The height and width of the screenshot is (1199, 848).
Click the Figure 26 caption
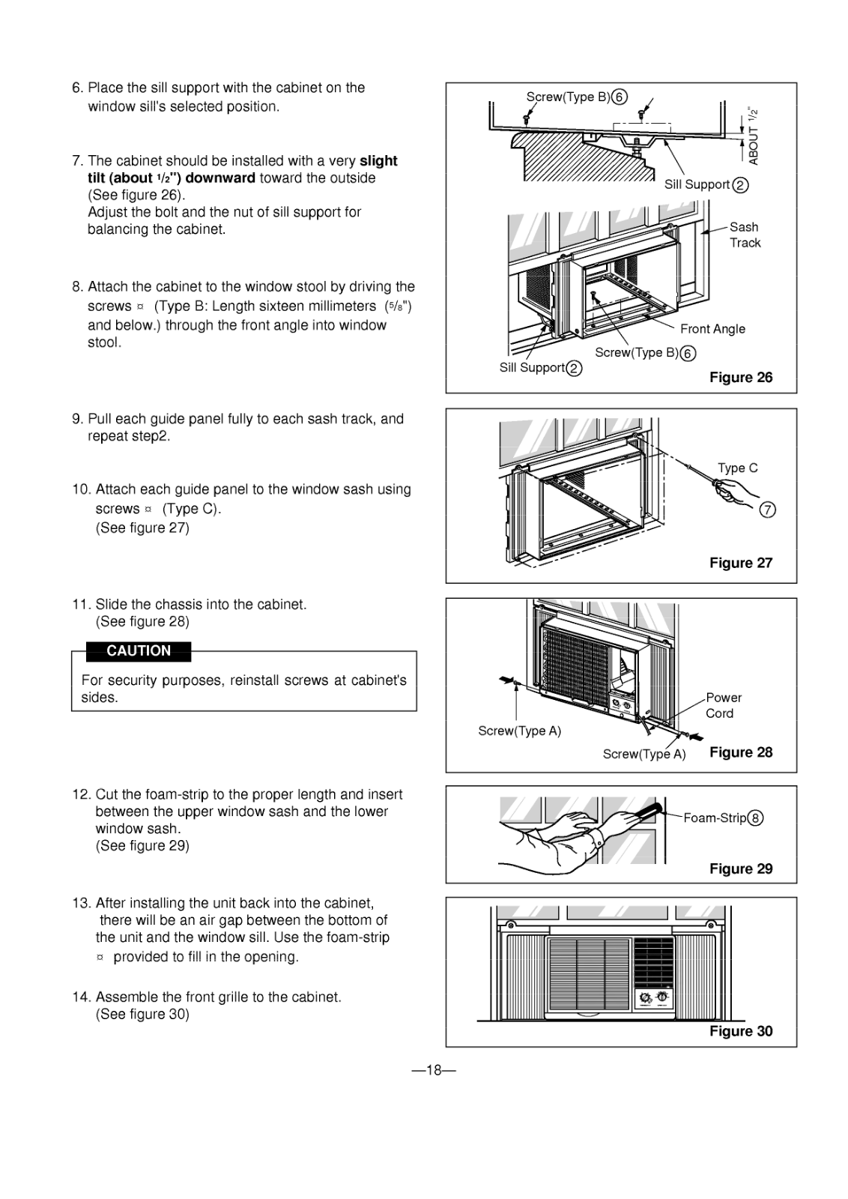click(740, 378)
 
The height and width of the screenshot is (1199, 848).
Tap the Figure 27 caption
click(740, 564)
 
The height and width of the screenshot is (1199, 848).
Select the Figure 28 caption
click(740, 752)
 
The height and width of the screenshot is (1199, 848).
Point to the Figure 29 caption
click(740, 869)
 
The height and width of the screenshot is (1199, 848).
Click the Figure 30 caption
click(740, 1032)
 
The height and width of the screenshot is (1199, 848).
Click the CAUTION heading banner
click(139, 651)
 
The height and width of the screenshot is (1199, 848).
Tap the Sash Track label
click(745, 235)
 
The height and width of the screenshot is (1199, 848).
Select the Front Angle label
click(712, 329)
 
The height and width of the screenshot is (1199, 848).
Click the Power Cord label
click(723, 705)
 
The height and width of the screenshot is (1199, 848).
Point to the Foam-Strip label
click(715, 818)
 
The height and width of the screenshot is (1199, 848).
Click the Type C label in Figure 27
click(737, 468)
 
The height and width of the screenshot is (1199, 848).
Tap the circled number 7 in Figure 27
click(767, 510)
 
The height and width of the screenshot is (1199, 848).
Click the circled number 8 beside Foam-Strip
click(756, 818)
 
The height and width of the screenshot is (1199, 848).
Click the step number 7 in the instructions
click(77, 161)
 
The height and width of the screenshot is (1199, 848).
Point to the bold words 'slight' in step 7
click(378, 161)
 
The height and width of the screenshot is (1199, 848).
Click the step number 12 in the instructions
click(80, 794)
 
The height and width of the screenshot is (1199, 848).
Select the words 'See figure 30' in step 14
click(142, 1015)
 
